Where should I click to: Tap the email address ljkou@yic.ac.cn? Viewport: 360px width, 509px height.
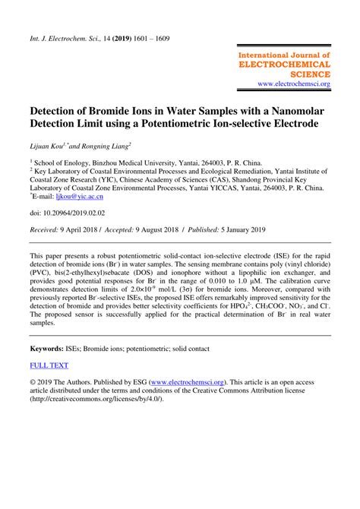tap(89, 195)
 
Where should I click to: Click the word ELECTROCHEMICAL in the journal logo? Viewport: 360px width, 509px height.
tap(285, 65)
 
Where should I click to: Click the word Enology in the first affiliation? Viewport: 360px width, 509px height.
tap(81, 161)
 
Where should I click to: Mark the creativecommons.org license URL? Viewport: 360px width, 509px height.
tap(94, 400)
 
